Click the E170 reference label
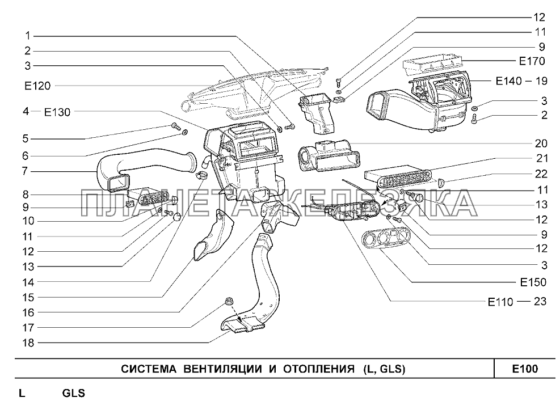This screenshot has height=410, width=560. point(532,61)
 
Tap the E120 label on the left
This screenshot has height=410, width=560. point(37,86)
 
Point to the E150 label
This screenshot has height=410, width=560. point(532,282)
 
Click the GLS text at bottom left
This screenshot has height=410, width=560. point(73,393)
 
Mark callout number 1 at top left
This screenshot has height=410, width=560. point(26,35)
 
